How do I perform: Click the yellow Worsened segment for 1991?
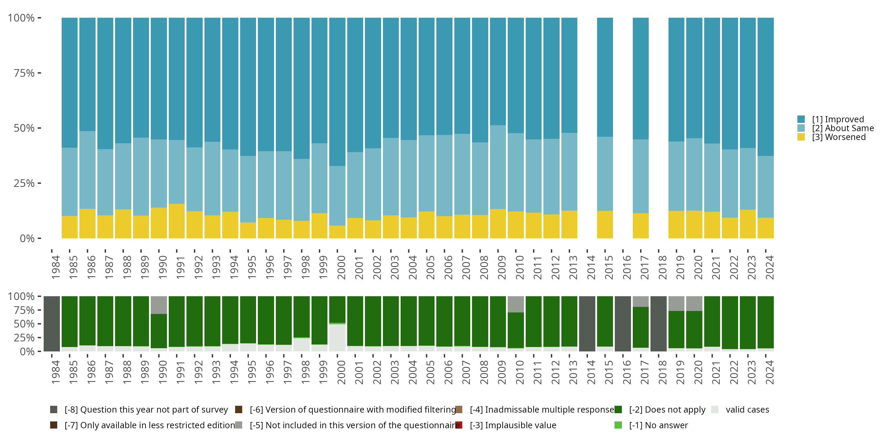177,221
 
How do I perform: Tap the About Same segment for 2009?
498,167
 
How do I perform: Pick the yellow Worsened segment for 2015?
605,224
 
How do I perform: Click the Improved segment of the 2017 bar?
641,79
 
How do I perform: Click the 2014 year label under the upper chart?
591,267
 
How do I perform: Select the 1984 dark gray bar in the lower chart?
52,324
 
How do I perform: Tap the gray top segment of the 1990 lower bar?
159,305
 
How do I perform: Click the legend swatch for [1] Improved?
801,119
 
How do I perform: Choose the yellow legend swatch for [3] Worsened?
801,137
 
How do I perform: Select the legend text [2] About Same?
843,128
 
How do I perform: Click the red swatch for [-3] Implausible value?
459,425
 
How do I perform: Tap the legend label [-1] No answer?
658,425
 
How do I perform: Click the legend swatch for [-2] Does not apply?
618,410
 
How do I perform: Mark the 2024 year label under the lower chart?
769,372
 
